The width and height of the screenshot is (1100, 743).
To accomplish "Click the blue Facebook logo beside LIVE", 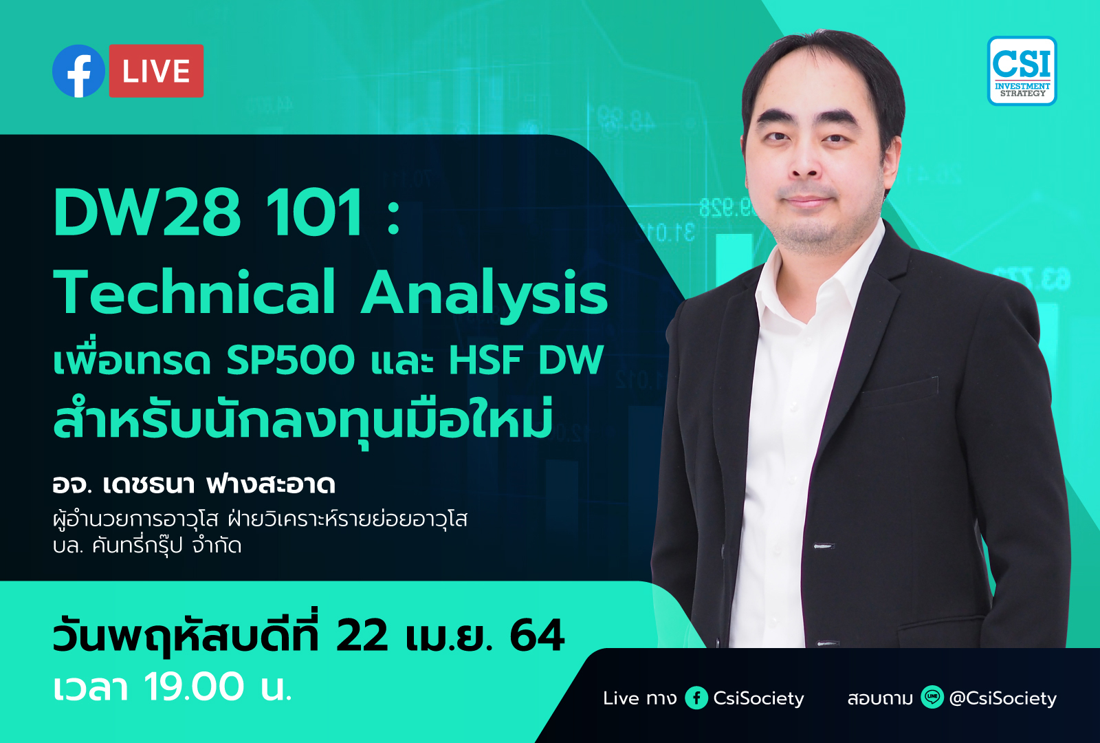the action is pyautogui.click(x=78, y=71).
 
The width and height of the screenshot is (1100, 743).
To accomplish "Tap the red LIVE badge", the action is pyautogui.click(x=156, y=71).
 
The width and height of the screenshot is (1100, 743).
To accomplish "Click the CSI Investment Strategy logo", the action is pyautogui.click(x=1022, y=71).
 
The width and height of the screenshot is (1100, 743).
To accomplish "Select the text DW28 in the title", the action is pyautogui.click(x=147, y=213).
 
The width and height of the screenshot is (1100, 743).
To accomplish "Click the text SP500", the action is pyautogui.click(x=290, y=360).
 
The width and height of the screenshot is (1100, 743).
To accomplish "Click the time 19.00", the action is pyautogui.click(x=193, y=687).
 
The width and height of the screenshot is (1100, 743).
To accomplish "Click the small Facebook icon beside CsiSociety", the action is pyautogui.click(x=696, y=698).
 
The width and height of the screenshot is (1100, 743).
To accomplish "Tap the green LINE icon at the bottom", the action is pyautogui.click(x=932, y=697).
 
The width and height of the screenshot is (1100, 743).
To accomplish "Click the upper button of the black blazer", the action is pyautogui.click(x=824, y=546).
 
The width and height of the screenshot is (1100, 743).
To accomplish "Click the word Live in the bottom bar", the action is pyautogui.click(x=621, y=698).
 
